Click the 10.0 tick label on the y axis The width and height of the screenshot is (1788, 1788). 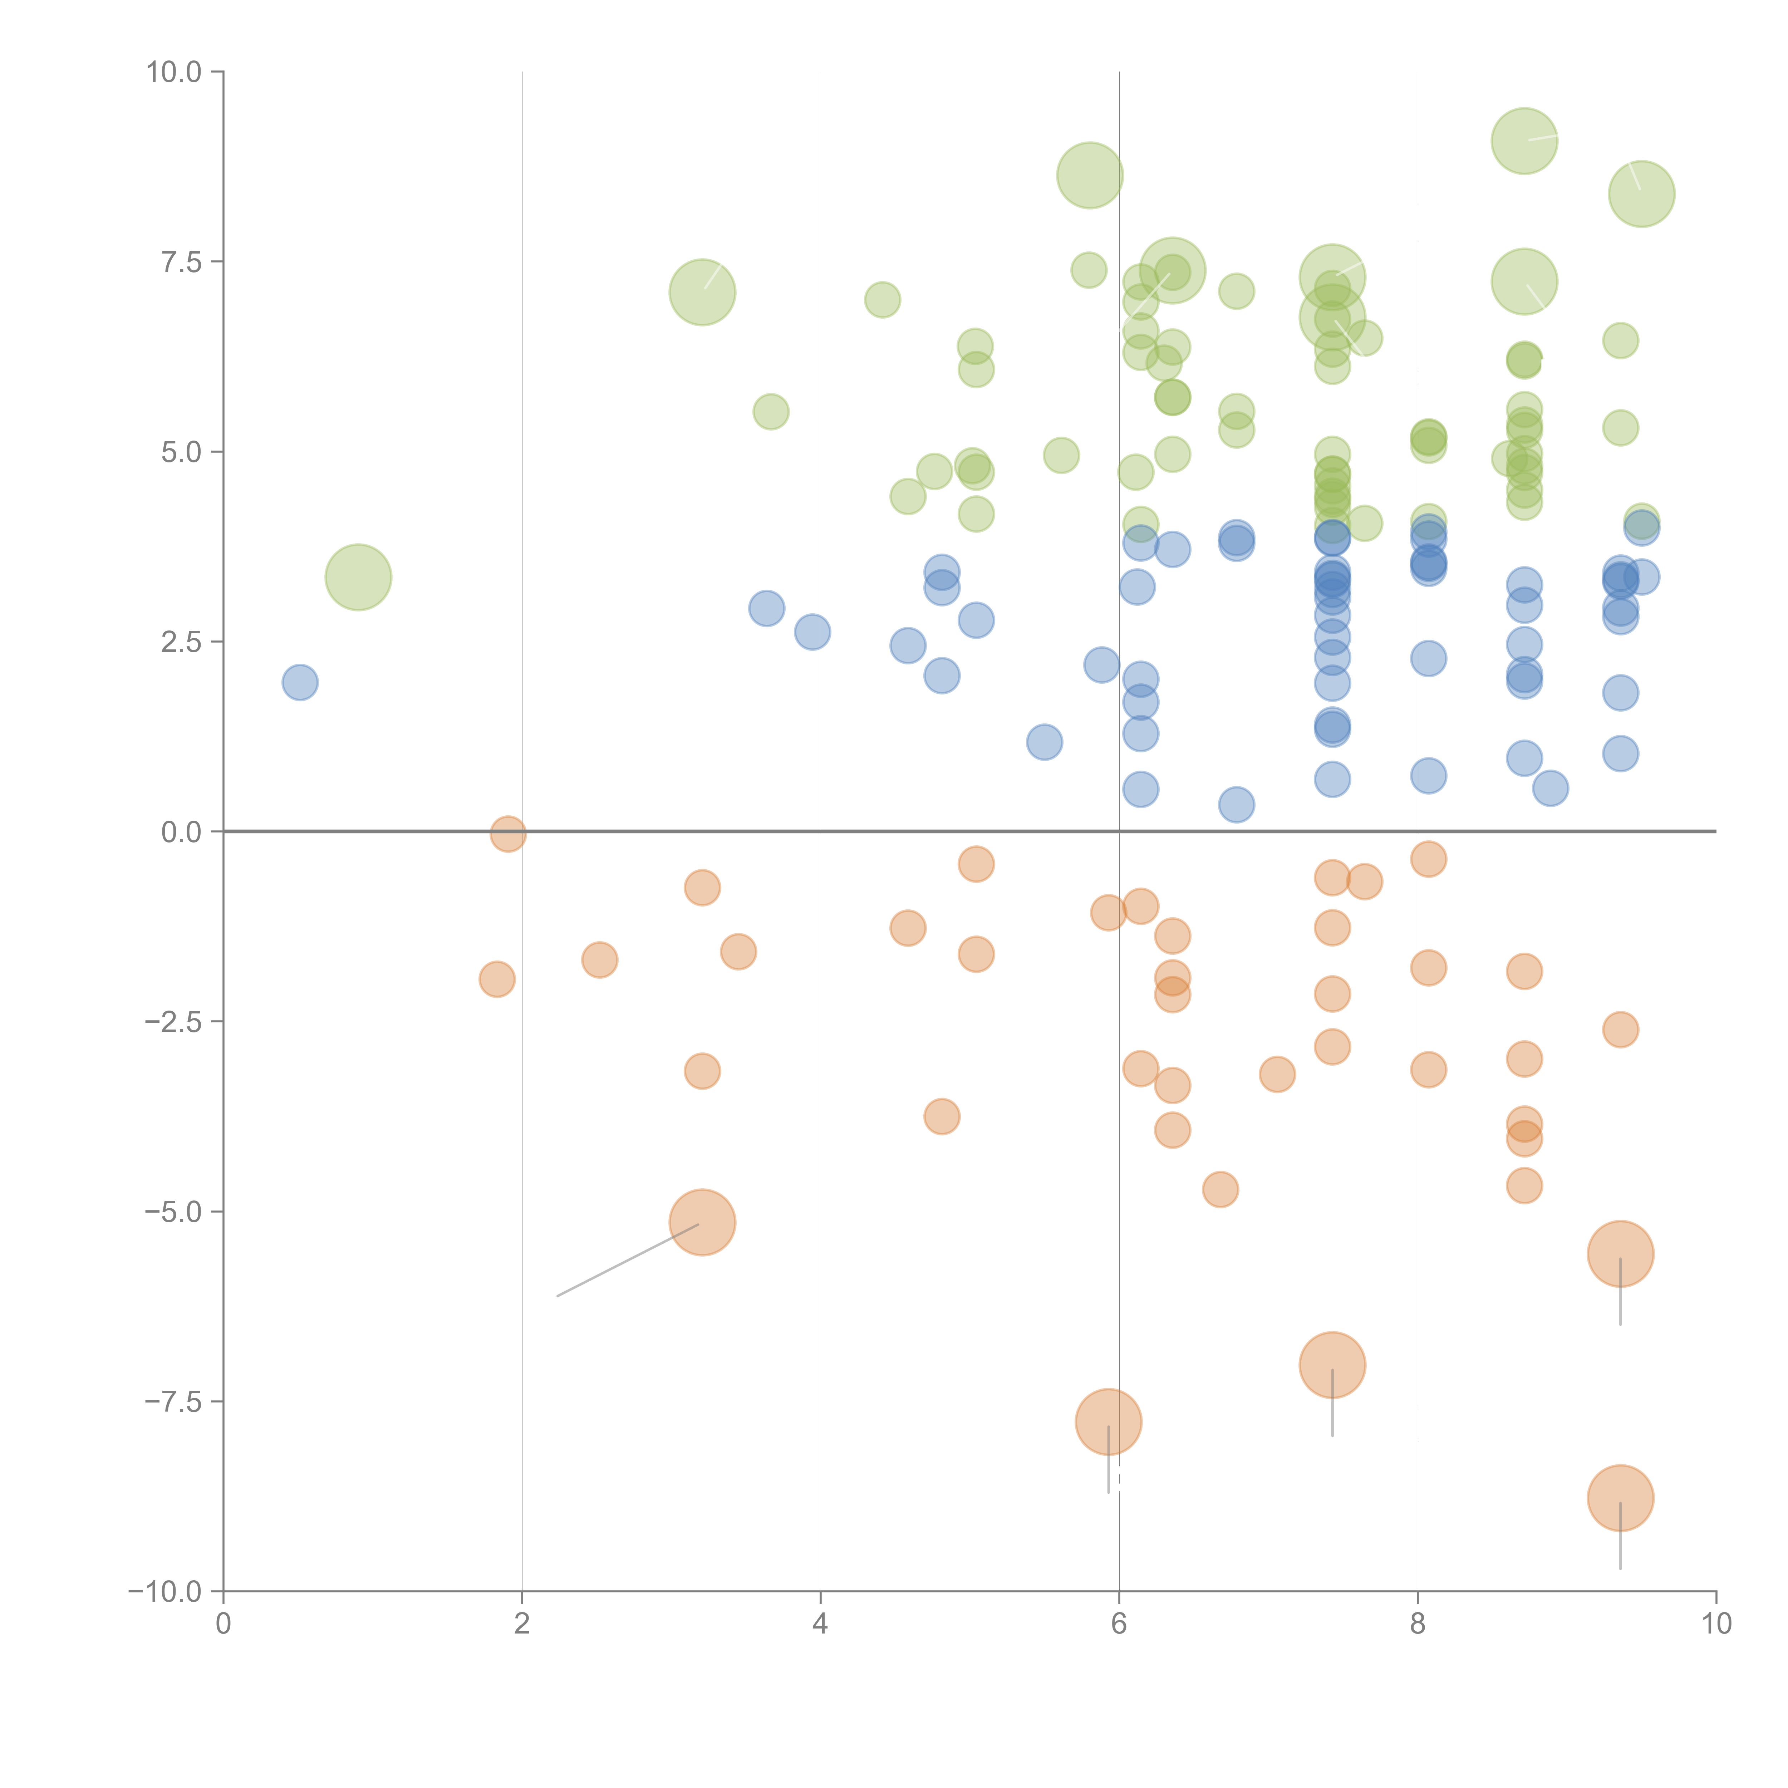[174, 72]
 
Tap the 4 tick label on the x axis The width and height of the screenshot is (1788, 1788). [820, 1623]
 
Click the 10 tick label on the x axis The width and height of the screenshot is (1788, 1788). [1716, 1623]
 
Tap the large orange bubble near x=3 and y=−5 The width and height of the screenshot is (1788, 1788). [702, 1223]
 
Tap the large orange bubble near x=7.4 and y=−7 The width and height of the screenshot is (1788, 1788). [1332, 1365]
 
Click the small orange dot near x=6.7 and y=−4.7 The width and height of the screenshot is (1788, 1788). [1221, 1189]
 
